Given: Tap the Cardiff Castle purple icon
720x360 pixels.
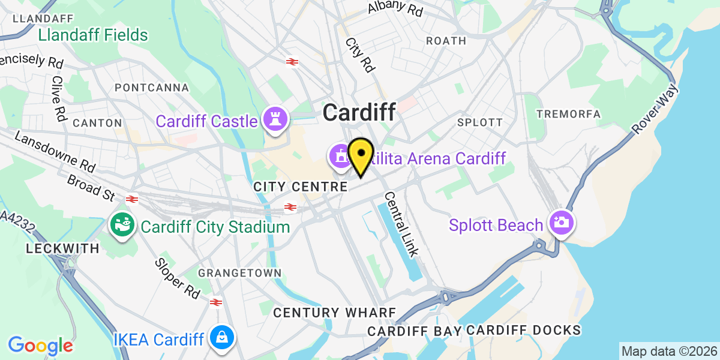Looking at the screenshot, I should (x=275, y=121).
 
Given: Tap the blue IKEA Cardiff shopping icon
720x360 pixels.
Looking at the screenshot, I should (x=222, y=340).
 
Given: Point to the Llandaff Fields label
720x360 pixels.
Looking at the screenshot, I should (x=93, y=35).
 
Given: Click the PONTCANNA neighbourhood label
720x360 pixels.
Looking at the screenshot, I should (x=151, y=88).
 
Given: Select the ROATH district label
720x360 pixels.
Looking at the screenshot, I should (x=446, y=41).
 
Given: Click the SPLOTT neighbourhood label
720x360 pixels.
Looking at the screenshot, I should (x=479, y=122).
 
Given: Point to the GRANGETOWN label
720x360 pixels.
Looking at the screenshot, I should (x=240, y=273).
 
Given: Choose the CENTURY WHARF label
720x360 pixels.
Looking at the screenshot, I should (x=335, y=313).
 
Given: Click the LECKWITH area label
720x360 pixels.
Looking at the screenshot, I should (x=62, y=248).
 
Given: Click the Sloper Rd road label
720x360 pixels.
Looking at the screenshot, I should (x=177, y=278).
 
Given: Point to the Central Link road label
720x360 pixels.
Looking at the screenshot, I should (x=403, y=224).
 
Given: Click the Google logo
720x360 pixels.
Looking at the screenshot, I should (x=40, y=346).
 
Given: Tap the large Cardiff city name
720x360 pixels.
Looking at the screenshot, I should (x=359, y=112).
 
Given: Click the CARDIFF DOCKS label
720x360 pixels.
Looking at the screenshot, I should (x=523, y=330).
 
